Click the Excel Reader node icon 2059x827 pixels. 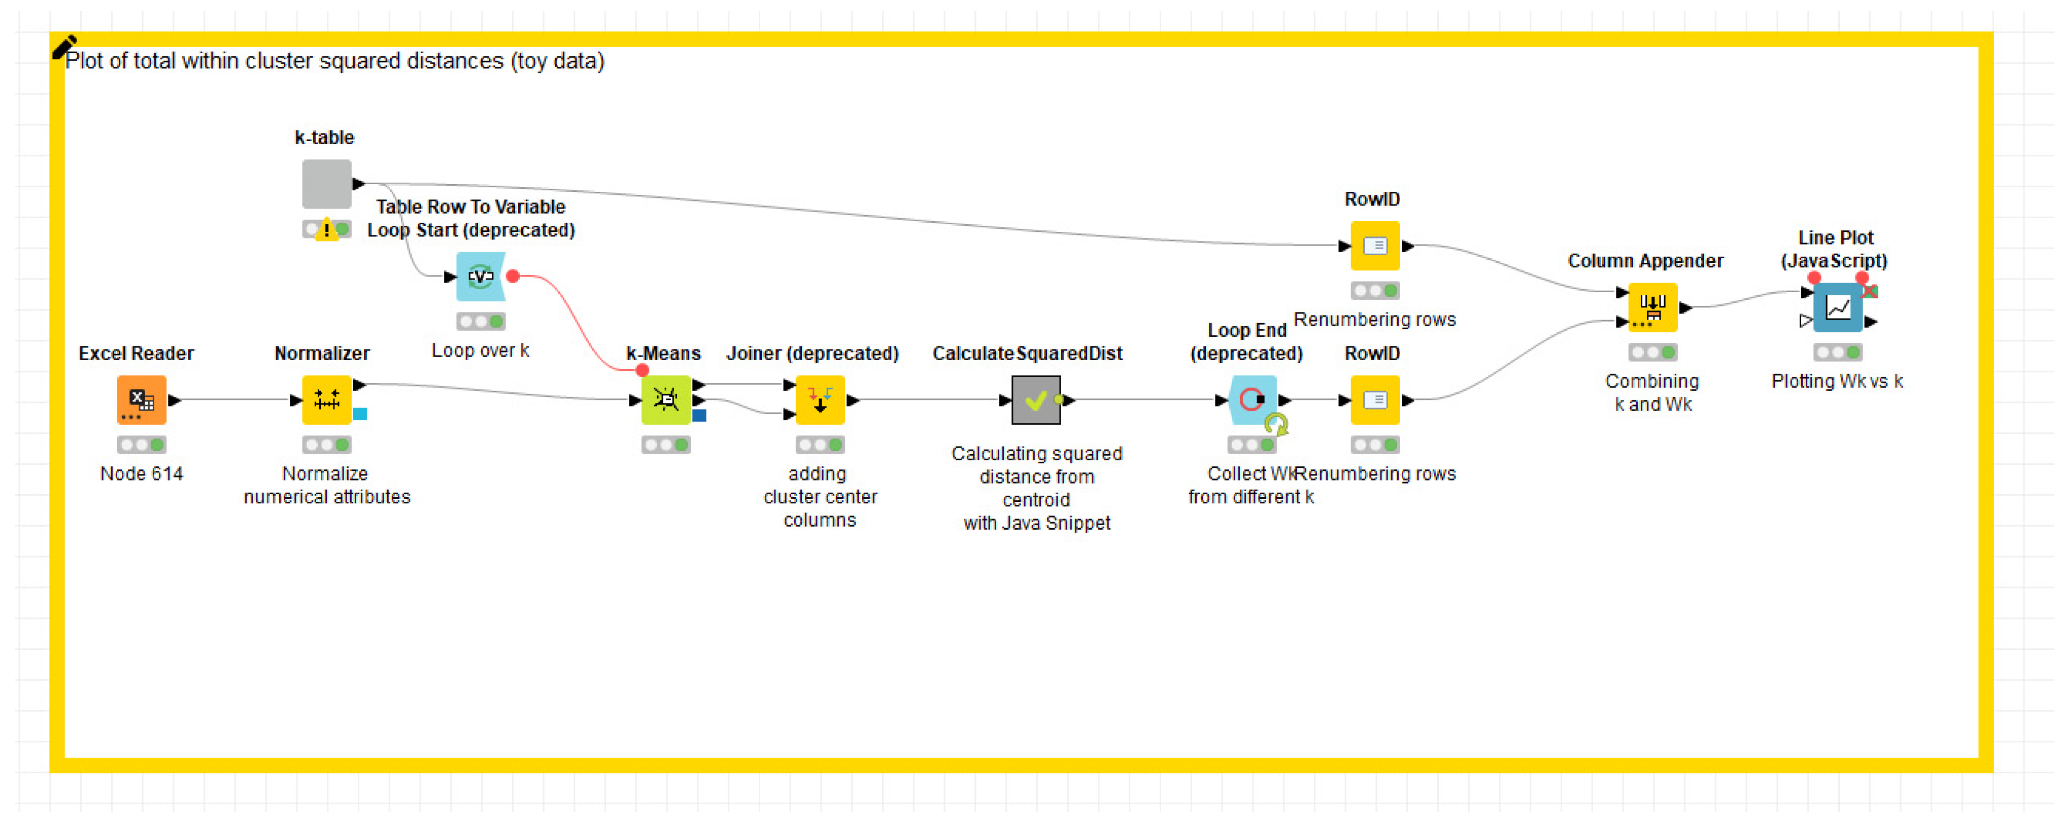click(142, 399)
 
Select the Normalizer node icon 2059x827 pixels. click(326, 399)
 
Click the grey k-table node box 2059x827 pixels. click(326, 184)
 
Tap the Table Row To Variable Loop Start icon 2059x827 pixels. click(481, 277)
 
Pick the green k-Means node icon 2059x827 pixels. click(665, 399)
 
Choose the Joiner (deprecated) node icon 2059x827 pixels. click(819, 399)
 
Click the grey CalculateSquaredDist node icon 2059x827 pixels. click(1036, 399)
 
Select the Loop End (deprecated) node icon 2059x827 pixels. click(1252, 399)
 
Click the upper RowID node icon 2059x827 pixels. click(1375, 245)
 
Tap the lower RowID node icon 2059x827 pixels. click(1375, 399)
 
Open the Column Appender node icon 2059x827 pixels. click(1652, 307)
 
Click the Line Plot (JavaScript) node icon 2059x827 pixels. click(1838, 307)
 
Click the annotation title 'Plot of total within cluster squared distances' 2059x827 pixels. click(334, 61)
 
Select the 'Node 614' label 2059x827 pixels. click(142, 474)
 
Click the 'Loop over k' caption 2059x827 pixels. click(481, 350)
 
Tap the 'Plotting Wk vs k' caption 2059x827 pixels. click(1837, 381)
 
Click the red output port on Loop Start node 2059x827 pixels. click(513, 277)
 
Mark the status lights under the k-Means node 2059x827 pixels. click(665, 445)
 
